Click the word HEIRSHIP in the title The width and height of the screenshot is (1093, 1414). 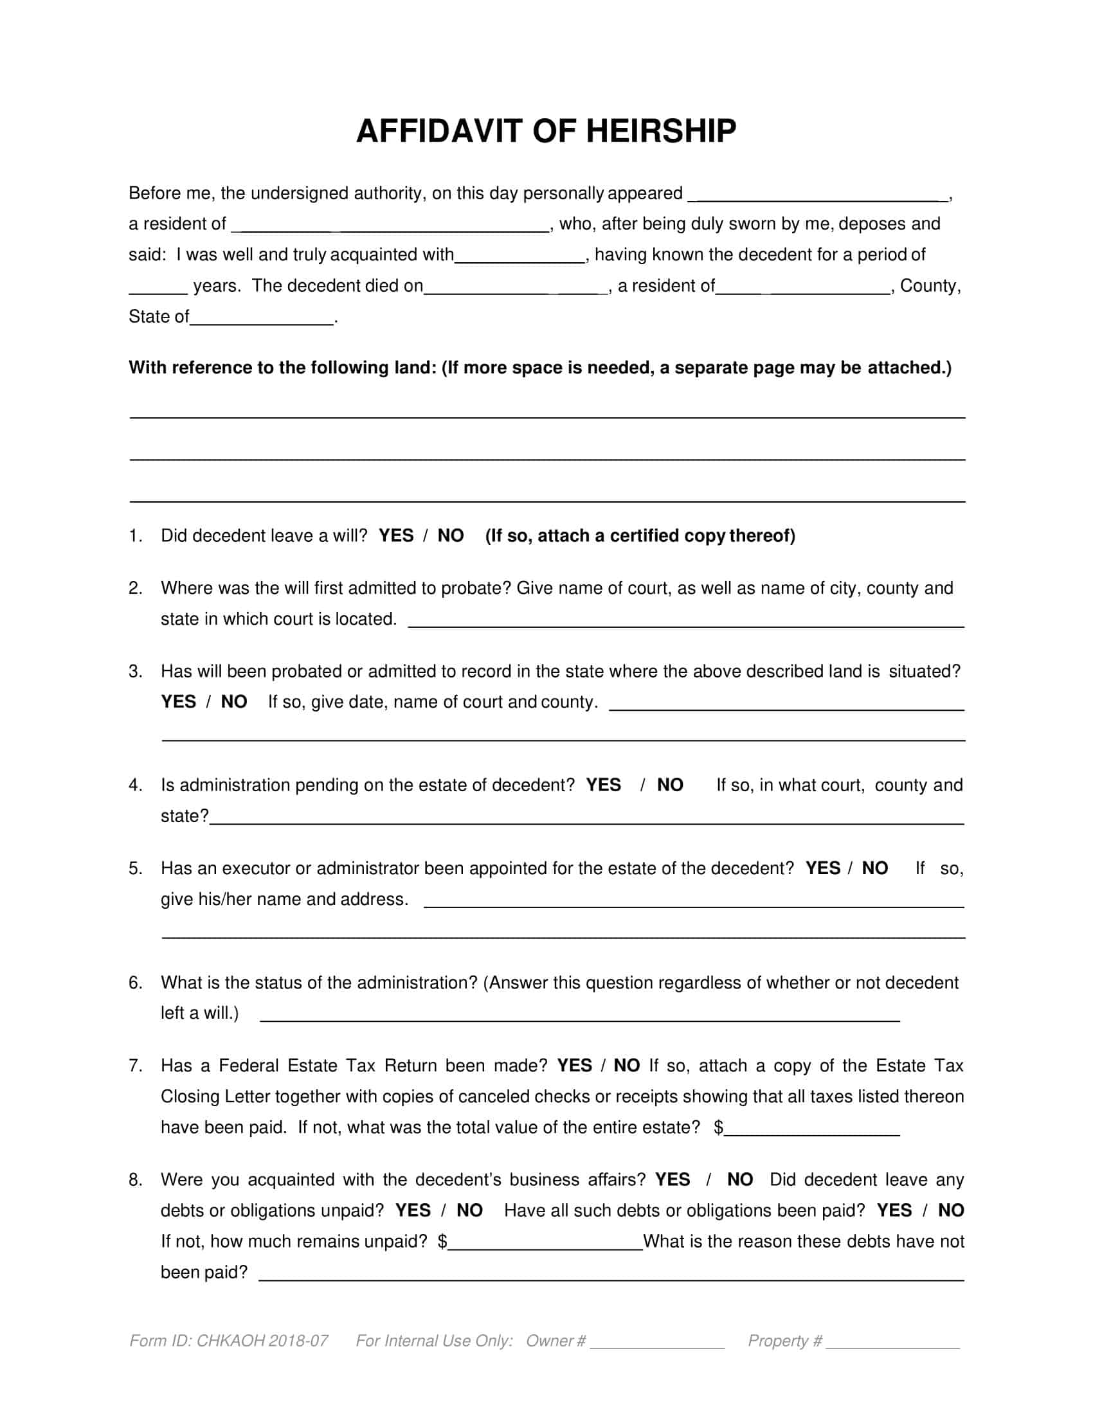660,131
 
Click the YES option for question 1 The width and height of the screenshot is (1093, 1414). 395,535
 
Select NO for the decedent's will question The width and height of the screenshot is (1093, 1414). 451,535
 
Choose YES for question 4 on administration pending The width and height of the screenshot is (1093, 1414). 603,785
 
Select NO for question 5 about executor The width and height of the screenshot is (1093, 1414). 875,868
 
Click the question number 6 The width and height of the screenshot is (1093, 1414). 134,983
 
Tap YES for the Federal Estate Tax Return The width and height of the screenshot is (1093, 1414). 574,1066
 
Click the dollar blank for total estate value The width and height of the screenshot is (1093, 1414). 812,1128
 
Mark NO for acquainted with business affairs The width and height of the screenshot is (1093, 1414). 740,1179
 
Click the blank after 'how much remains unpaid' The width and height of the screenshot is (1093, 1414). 545,1242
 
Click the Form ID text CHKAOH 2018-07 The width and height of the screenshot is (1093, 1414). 262,1340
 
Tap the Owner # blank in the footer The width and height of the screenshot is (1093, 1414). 657,1341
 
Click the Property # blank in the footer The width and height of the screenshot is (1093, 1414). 893,1341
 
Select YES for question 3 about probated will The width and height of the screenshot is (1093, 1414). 178,702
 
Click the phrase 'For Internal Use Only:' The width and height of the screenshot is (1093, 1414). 435,1340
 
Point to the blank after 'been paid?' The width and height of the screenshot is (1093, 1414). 611,1273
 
